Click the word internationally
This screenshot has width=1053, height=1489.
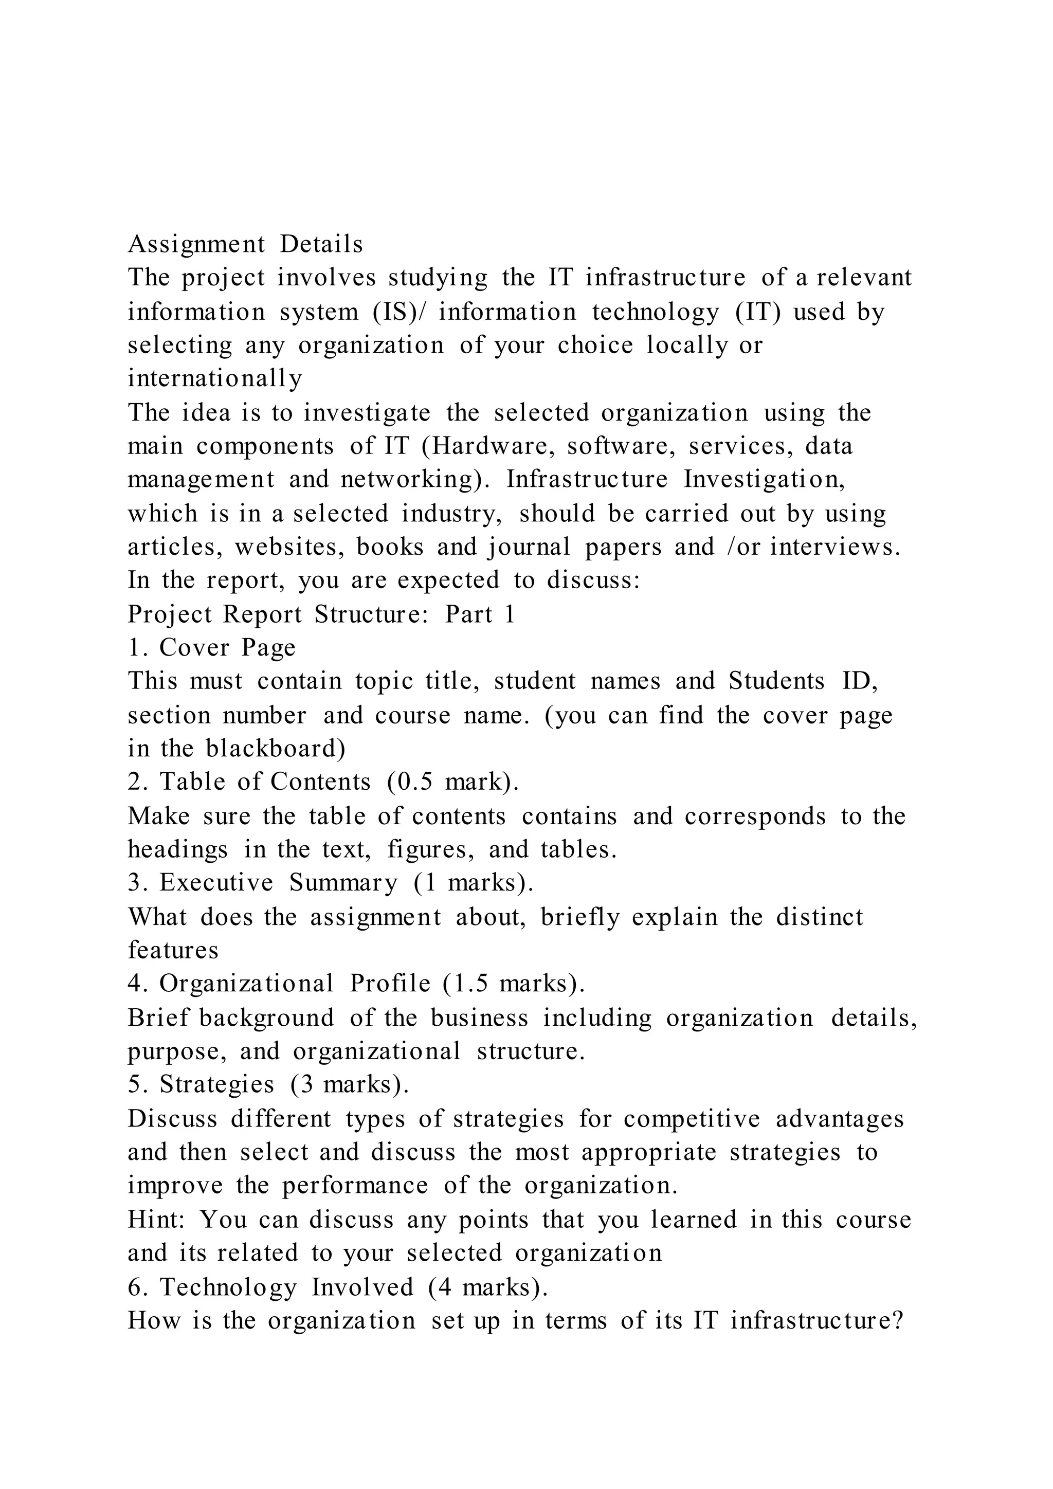(214, 379)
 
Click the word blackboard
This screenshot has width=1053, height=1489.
(275, 749)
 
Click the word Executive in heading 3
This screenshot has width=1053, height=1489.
(216, 883)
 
